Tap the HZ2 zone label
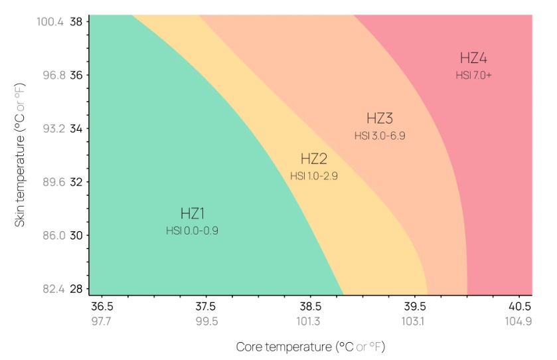click(314, 159)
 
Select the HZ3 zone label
click(380, 119)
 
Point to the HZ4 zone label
click(473, 58)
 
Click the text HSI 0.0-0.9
click(192, 230)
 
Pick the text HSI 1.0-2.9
click(314, 176)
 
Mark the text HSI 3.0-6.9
click(380, 135)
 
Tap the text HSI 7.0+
click(473, 75)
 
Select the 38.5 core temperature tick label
click(311, 307)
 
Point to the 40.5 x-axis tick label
click(520, 307)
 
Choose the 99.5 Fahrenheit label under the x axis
click(206, 321)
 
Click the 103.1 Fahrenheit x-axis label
click(415, 321)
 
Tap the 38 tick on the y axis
click(76, 21)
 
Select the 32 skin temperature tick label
click(76, 182)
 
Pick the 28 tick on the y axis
click(76, 289)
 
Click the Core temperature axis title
click(311, 347)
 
